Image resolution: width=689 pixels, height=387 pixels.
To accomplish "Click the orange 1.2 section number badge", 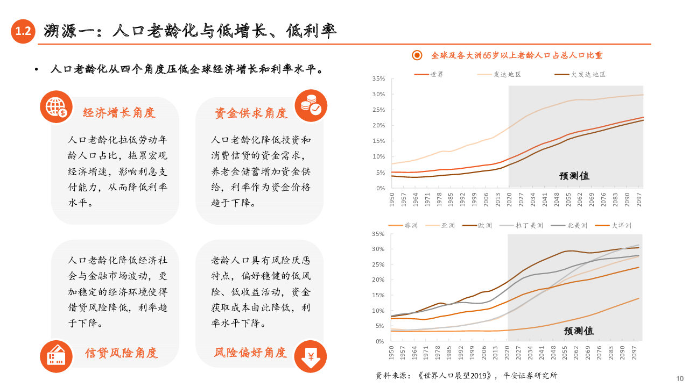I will pos(23,31).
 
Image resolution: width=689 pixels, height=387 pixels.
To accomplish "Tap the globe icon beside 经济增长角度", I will pos(56,107).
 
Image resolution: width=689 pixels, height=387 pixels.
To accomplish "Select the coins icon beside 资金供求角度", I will pos(311,105).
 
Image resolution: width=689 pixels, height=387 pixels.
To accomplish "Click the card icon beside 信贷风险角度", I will pos(56,356).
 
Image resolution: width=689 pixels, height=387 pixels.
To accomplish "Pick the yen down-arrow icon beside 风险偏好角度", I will pos(311,356).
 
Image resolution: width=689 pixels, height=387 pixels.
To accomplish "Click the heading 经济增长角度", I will pos(119,113).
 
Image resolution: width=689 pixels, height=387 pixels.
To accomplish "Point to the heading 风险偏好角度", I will pos(250,353).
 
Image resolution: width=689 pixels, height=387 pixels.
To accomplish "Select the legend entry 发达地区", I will pos(507,74).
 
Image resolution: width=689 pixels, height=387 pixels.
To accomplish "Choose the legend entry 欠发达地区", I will pos(588,74).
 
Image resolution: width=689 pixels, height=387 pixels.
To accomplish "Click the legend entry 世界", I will pos(437,74).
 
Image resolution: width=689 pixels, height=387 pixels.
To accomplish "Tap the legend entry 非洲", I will pos(411,225).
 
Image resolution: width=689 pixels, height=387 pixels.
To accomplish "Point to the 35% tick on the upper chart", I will pos(378,79).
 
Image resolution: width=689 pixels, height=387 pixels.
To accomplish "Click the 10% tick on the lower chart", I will pos(378,311).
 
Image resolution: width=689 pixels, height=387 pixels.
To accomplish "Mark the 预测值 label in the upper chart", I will pos(574,176).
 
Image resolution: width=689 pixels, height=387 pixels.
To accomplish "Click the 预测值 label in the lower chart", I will pos(579,331).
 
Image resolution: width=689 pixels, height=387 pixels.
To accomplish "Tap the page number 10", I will pos(679,378).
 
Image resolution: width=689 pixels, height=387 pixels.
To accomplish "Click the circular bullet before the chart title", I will pos(417,55).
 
